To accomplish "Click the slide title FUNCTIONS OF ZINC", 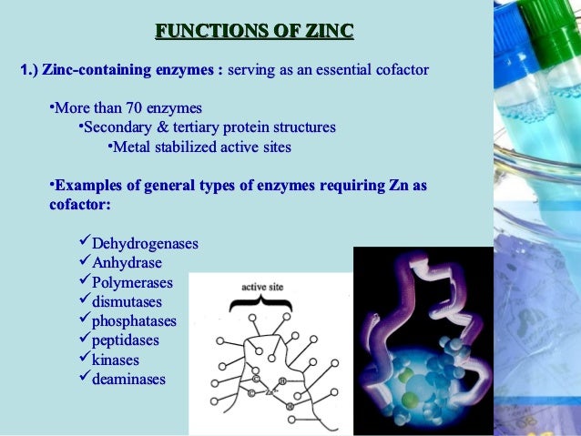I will coord(254,34).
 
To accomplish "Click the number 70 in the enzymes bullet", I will coord(137,108).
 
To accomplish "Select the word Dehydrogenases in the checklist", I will coord(145,244).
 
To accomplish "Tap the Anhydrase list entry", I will coord(127,263).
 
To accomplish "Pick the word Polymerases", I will coord(132,282).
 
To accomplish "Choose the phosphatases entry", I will coord(134,320).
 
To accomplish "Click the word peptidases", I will coord(126,340).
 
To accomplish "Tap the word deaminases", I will coord(128,379).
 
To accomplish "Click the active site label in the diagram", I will coord(262,288).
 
